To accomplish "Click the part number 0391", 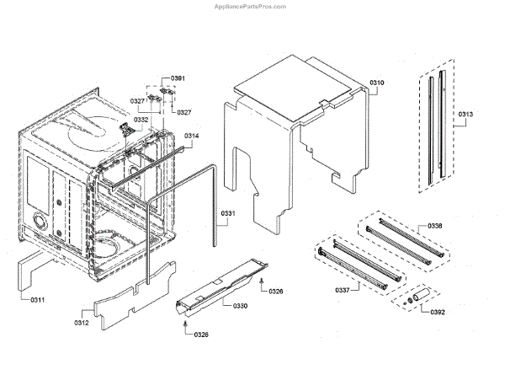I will tap(178, 78).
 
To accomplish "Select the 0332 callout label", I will tap(141, 121).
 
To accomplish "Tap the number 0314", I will tap(191, 136).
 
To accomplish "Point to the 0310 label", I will tap(376, 83).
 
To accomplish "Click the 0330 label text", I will tap(240, 306).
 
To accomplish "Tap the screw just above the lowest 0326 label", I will tap(184, 320).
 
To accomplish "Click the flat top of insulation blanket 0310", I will tap(295, 84).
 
